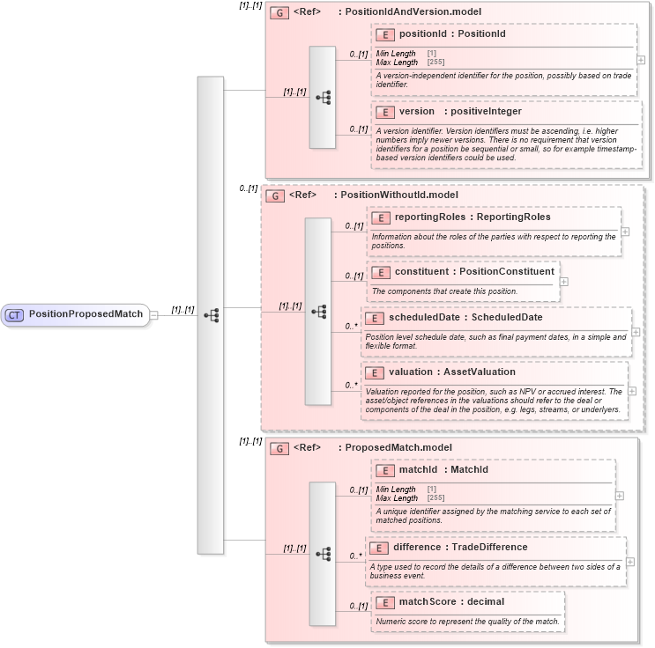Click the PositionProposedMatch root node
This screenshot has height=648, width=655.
click(85, 314)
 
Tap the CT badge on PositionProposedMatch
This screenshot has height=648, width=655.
click(15, 314)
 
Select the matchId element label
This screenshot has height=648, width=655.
click(419, 469)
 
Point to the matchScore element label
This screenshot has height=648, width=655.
click(426, 601)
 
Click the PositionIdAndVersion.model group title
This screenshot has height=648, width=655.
click(413, 12)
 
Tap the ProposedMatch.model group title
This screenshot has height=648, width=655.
click(398, 447)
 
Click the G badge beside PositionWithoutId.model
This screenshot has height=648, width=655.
click(274, 195)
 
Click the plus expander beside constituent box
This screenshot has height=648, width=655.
click(564, 282)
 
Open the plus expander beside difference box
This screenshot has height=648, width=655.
click(630, 561)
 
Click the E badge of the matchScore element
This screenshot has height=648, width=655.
click(384, 602)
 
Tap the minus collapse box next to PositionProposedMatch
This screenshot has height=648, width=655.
click(153, 314)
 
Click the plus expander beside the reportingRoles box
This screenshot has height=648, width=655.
click(625, 232)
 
